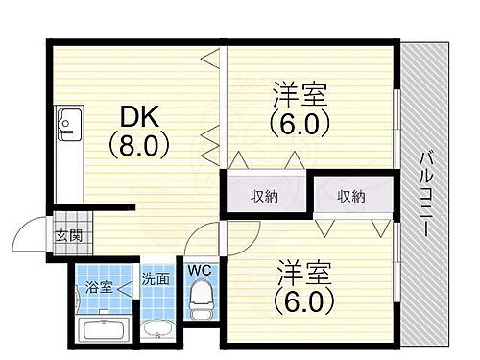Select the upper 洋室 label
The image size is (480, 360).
300,96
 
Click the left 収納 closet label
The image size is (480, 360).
265,196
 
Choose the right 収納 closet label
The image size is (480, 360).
350,196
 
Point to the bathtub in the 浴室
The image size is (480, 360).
106,331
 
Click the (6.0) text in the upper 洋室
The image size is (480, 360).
300,125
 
